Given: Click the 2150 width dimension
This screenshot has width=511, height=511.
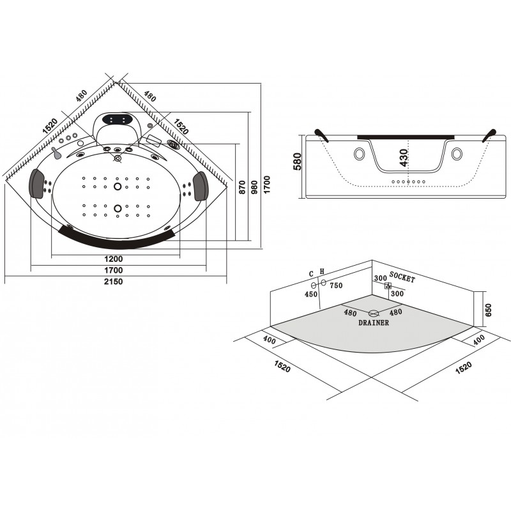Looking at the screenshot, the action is click(x=114, y=281).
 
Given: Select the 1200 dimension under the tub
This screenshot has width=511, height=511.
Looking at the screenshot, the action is click(x=114, y=259).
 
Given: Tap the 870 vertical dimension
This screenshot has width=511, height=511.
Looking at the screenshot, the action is click(x=242, y=187).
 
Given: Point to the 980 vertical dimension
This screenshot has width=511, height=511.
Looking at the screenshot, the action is click(x=254, y=187).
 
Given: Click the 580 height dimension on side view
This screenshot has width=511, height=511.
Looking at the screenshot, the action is click(x=298, y=162).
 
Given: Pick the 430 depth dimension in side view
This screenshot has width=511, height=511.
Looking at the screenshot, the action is click(x=404, y=158).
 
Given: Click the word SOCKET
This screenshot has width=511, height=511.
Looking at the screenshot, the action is click(x=402, y=277).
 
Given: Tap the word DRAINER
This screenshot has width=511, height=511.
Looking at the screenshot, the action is click(x=374, y=323).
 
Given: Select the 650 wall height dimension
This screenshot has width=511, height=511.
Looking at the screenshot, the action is click(x=488, y=310).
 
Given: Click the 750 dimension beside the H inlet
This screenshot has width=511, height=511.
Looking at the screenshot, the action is click(x=336, y=286).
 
